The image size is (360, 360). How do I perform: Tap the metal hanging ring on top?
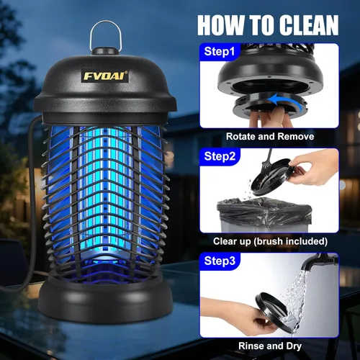104,36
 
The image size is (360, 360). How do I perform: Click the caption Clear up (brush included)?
269,241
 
